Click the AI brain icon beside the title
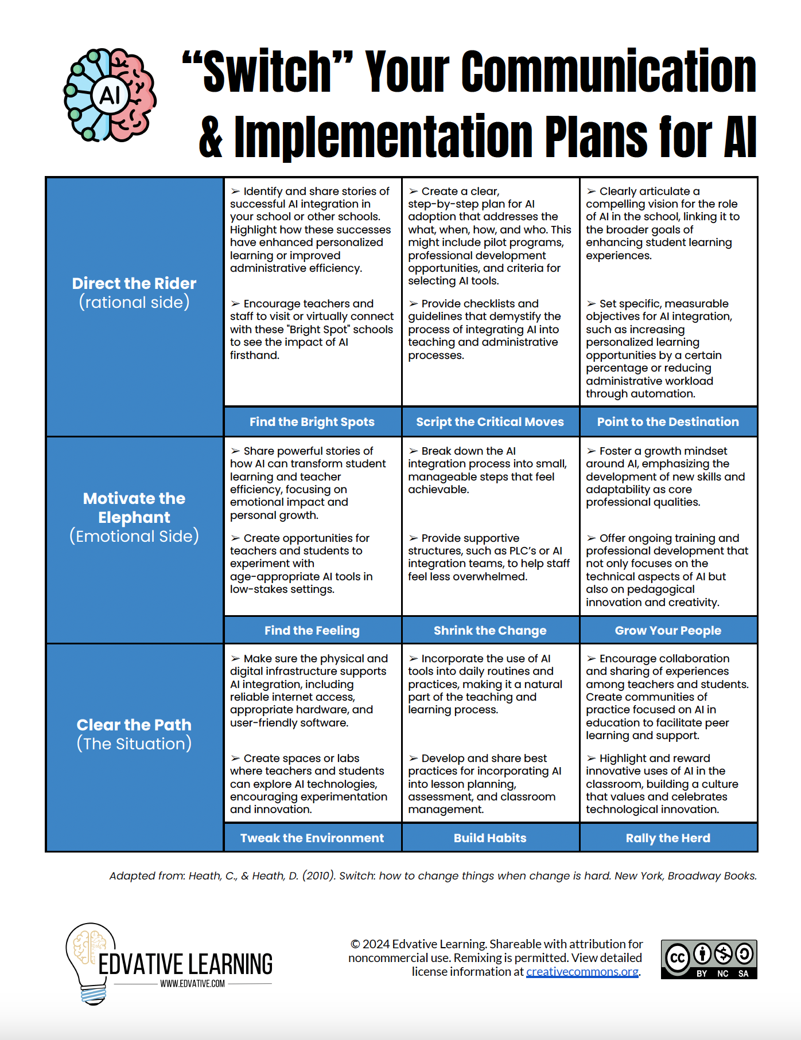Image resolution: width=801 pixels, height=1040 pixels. pyautogui.click(x=110, y=95)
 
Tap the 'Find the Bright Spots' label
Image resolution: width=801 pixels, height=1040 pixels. pyautogui.click(x=312, y=422)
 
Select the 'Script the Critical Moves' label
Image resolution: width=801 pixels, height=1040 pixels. pyautogui.click(x=489, y=422)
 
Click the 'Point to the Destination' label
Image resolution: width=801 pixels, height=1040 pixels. pyautogui.click(x=668, y=422)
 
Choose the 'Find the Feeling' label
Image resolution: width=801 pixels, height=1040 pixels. pyautogui.click(x=312, y=631)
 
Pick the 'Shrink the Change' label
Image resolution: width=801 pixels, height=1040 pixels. pyautogui.click(x=489, y=631)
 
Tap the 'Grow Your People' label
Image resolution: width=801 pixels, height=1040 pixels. pyautogui.click(x=668, y=631)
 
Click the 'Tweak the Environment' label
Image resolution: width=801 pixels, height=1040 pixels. pyautogui.click(x=312, y=838)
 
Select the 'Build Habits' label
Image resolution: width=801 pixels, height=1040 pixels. pyautogui.click(x=489, y=838)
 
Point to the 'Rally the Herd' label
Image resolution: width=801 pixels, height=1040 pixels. pyautogui.click(x=668, y=838)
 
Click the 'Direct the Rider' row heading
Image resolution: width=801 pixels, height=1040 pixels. pyautogui.click(x=134, y=284)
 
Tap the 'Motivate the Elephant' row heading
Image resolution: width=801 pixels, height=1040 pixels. pyautogui.click(x=134, y=508)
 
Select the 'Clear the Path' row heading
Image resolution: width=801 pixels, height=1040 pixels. pyautogui.click(x=134, y=725)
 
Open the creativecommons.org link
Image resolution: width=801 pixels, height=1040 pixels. pyautogui.click(x=582, y=972)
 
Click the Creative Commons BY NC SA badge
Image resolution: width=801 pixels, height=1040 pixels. pyautogui.click(x=709, y=959)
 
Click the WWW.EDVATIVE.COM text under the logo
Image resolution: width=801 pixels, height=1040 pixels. pyautogui.click(x=192, y=984)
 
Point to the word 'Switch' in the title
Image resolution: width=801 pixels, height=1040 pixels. pyautogui.click(x=267, y=72)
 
